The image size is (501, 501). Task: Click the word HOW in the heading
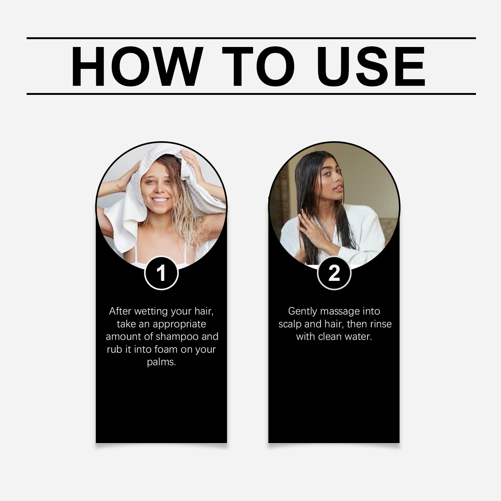[x=135, y=67]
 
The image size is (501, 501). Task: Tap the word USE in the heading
[x=373, y=67]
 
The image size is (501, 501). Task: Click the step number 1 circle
[x=161, y=273]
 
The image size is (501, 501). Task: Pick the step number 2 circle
[x=334, y=273]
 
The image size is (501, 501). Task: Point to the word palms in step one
[x=161, y=362]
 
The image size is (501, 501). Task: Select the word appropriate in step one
[x=179, y=324]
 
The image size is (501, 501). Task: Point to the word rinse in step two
[x=381, y=324]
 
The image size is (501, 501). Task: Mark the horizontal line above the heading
[x=250, y=39]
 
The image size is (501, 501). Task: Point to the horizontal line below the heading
[x=250, y=94]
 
